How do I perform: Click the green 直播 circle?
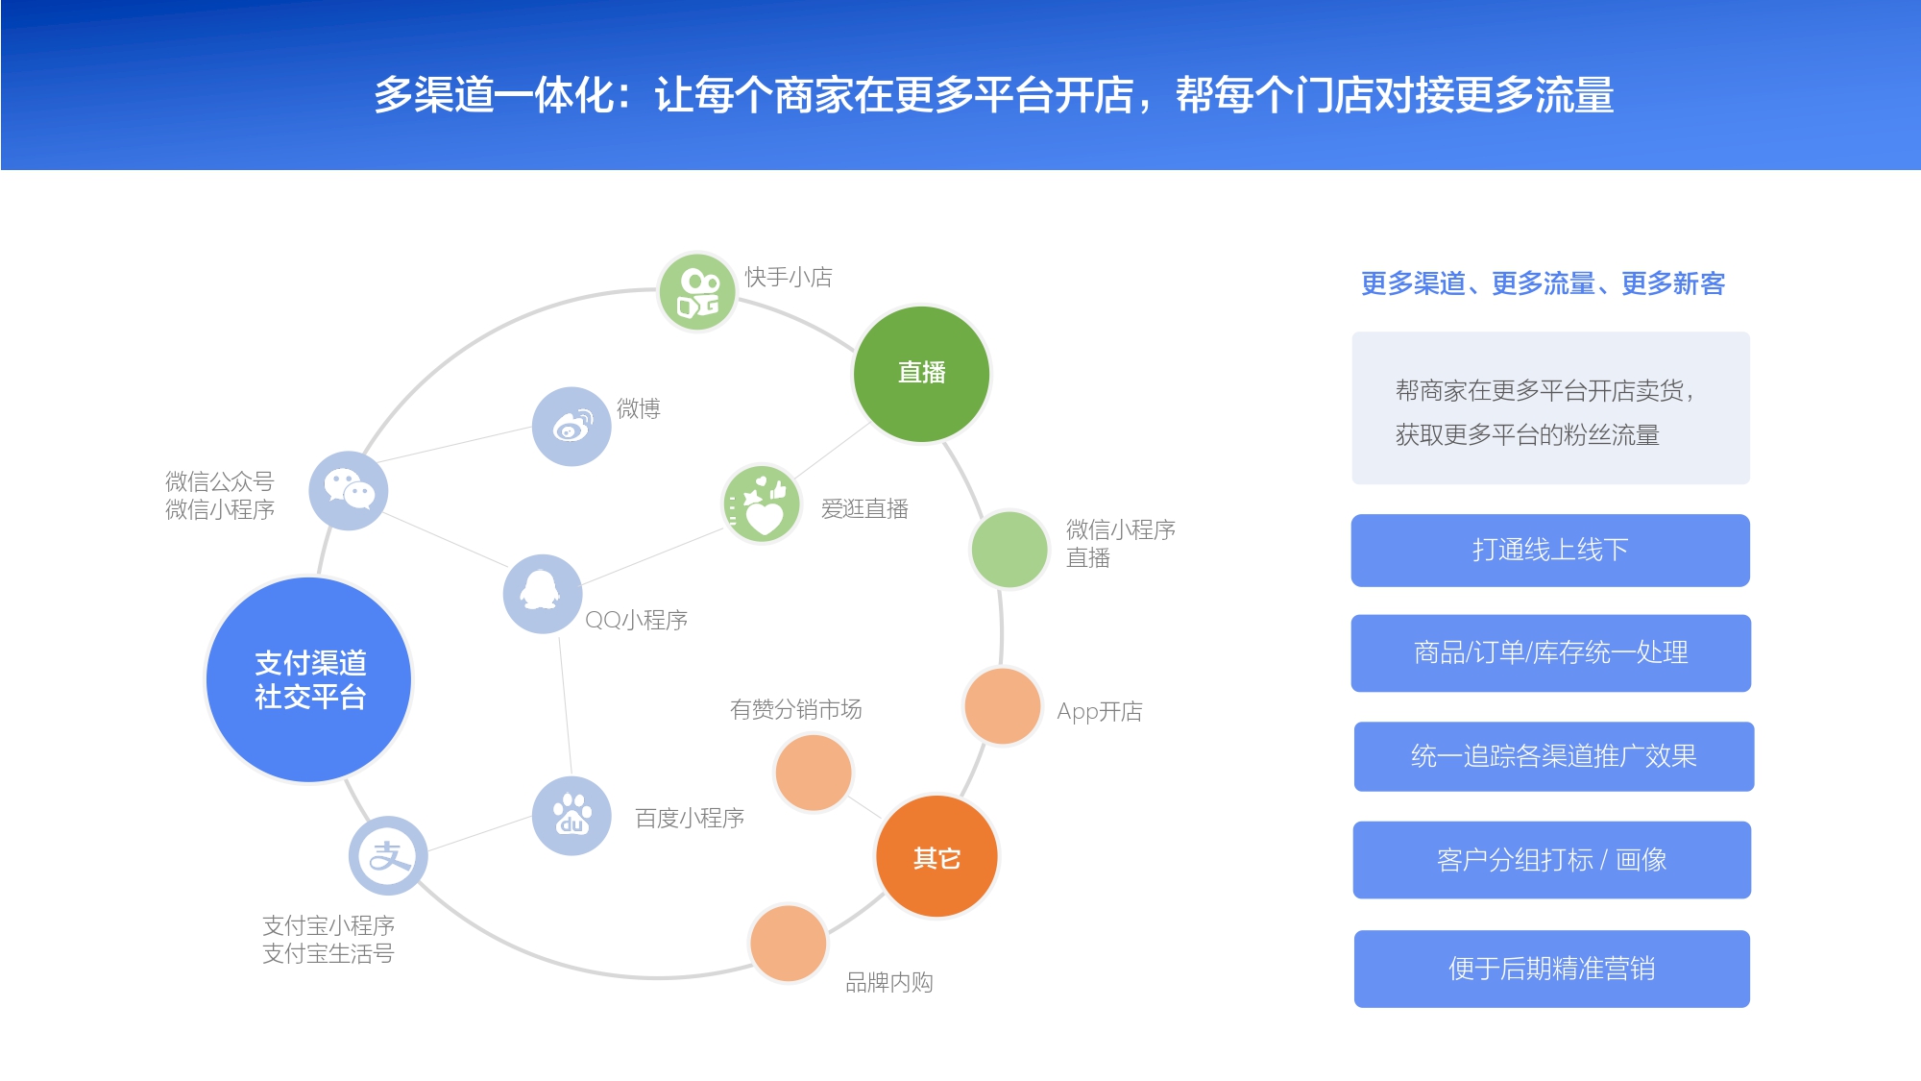pyautogui.click(x=921, y=374)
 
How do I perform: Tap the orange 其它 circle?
pyautogui.click(x=936, y=856)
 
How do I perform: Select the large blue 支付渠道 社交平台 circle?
pyautogui.click(x=309, y=679)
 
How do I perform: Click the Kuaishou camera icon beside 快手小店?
pyautogui.click(x=697, y=292)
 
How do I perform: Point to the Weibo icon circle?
pyautogui.click(x=571, y=427)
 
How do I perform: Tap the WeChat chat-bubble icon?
pyautogui.click(x=349, y=490)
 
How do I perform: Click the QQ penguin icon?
pyautogui.click(x=543, y=594)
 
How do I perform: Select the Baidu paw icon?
pyautogui.click(x=571, y=816)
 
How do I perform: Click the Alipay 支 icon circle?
pyautogui.click(x=388, y=855)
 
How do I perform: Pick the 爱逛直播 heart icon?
pyautogui.click(x=762, y=504)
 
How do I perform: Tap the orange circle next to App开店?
pyautogui.click(x=1002, y=706)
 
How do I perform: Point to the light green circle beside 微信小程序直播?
pyautogui.click(x=1009, y=550)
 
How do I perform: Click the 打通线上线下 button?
pyautogui.click(x=1550, y=551)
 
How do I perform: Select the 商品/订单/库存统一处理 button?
pyautogui.click(x=1551, y=653)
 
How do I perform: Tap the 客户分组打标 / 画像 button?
pyautogui.click(x=1552, y=860)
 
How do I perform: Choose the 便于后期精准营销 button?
pyautogui.click(x=1552, y=969)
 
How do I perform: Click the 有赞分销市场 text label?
pyautogui.click(x=796, y=709)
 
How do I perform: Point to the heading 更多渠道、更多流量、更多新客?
pyautogui.click(x=1544, y=283)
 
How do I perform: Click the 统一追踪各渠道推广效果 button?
pyautogui.click(x=1554, y=756)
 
